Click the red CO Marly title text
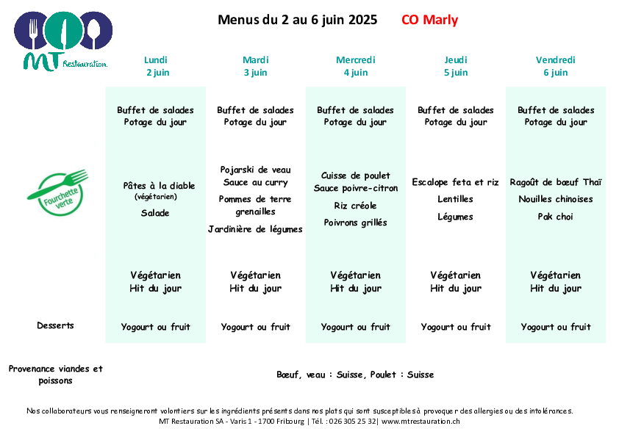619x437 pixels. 429,20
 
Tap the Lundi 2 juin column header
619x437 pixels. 157,66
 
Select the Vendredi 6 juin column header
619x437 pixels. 556,66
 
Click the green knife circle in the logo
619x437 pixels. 63,31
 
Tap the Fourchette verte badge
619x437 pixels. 58,193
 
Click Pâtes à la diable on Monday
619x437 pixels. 159,185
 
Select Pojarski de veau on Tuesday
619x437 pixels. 255,170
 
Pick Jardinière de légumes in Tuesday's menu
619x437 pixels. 255,229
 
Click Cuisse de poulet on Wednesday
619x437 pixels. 356,176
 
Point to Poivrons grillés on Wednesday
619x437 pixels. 355,223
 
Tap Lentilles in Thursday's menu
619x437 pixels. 455,199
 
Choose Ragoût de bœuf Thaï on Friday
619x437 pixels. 556,182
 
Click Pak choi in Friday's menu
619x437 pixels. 555,217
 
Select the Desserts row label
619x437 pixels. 55,325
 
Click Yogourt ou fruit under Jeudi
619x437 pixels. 456,327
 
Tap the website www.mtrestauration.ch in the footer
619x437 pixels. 421,422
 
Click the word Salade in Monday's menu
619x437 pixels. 155,213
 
